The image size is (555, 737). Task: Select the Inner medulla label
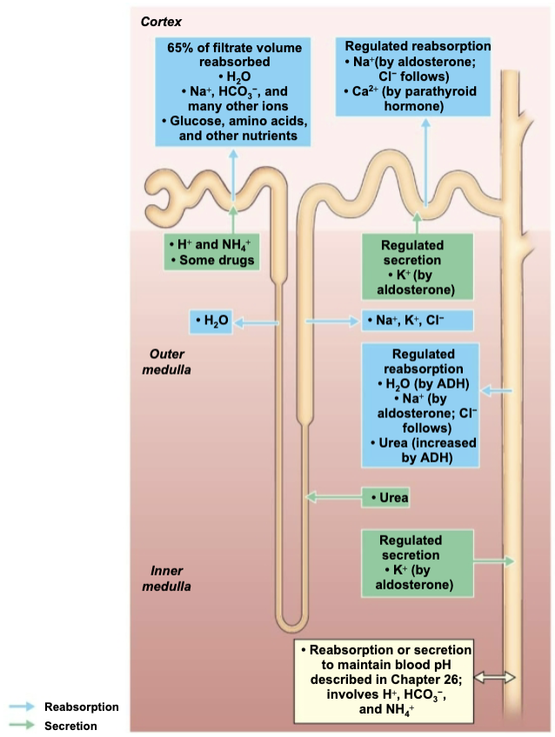(x=171, y=578)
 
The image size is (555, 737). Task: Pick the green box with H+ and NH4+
(x=212, y=252)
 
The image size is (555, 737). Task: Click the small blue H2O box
(x=211, y=322)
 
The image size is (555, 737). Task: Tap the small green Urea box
(x=385, y=498)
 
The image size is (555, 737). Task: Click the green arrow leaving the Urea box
(x=335, y=498)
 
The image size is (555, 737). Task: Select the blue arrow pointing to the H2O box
(x=253, y=322)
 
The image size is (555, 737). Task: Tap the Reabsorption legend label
(x=81, y=707)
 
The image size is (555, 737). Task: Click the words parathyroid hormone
(x=413, y=98)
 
